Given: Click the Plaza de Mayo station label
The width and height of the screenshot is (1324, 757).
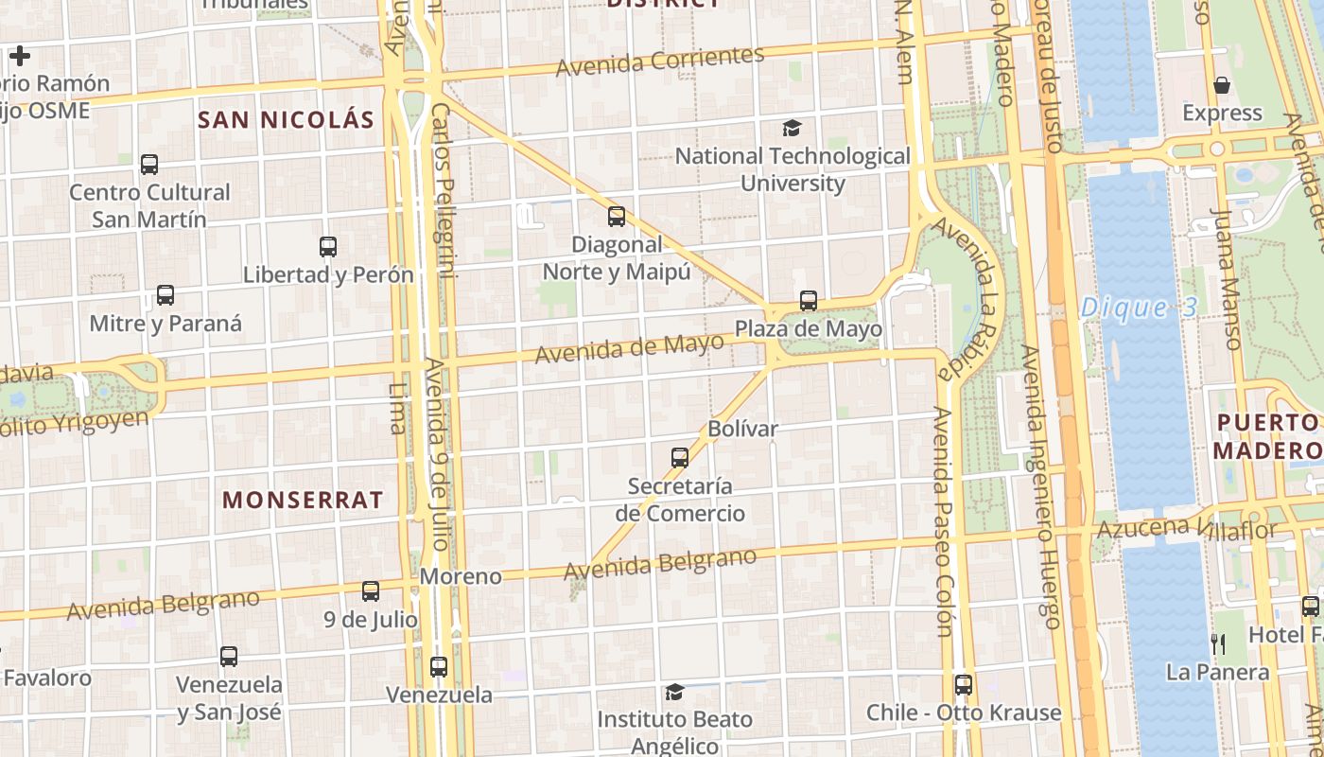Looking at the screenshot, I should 809,329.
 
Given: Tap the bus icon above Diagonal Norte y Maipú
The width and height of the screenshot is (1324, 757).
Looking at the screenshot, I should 617,217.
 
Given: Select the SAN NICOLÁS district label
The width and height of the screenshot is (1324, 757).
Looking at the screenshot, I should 286,119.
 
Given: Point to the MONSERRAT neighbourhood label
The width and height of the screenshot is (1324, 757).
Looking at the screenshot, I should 303,500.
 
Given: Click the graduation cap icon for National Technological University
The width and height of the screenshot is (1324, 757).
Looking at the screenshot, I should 792,128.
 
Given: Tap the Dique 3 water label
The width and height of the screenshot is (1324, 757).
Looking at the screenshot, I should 1139,308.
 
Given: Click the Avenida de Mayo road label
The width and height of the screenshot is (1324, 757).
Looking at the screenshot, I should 629,349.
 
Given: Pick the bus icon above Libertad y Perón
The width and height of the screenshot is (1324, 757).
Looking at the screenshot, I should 328,247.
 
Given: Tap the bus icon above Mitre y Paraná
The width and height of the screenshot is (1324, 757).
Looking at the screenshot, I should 165,295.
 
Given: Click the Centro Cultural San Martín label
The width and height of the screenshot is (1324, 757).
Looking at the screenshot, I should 149,205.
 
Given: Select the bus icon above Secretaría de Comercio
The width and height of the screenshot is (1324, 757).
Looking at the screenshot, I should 680,458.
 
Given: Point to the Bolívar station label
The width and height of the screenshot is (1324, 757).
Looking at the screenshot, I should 742,429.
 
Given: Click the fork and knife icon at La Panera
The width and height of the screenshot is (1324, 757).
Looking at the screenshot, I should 1218,644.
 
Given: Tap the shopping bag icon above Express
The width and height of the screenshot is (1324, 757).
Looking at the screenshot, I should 1222,85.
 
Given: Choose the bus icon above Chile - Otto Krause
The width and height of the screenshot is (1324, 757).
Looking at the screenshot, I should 964,684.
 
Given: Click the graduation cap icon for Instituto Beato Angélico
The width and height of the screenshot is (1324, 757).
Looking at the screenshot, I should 674,692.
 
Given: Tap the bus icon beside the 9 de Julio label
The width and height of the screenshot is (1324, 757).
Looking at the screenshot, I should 371,591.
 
